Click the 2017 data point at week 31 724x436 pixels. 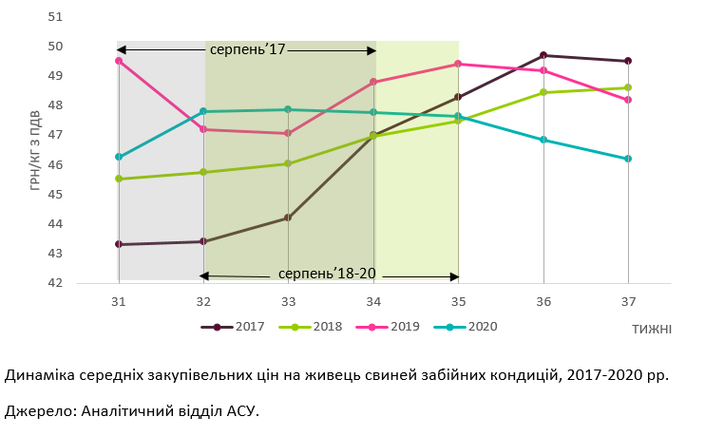[119, 244]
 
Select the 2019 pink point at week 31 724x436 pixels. [119, 61]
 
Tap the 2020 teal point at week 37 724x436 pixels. [628, 159]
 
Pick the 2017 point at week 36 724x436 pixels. [543, 55]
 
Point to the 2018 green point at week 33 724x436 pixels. [288, 163]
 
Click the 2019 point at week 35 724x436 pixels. [458, 64]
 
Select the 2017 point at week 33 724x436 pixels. [288, 218]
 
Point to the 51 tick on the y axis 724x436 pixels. [82, 17]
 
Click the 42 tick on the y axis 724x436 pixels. [82, 283]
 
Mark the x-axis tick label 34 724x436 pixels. [373, 301]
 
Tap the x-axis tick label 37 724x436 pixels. [628, 301]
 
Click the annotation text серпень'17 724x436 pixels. [247, 48]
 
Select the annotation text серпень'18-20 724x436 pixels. [327, 274]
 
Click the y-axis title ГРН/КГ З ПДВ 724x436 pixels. [35, 150]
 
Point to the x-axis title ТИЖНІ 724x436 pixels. [651, 330]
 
